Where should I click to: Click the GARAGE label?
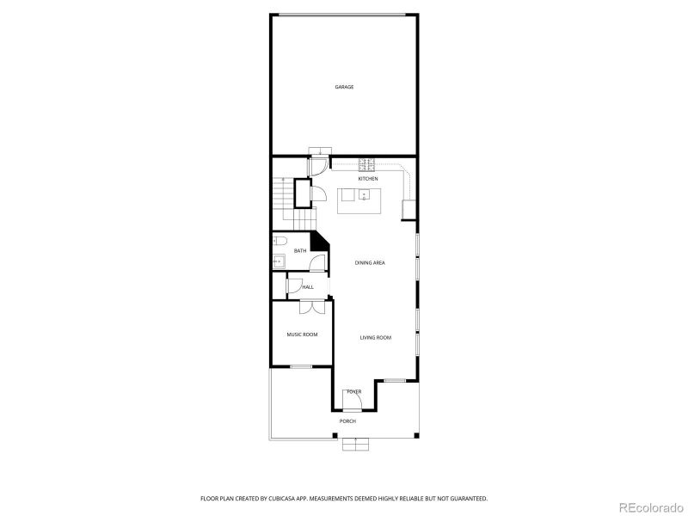click(344, 87)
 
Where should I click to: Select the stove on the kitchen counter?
click(365, 163)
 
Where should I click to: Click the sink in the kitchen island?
click(363, 195)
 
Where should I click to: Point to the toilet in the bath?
click(280, 242)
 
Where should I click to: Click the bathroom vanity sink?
click(279, 258)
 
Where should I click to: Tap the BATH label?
click(300, 250)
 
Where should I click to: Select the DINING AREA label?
click(370, 262)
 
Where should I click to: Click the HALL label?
click(308, 286)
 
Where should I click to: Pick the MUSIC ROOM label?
click(302, 334)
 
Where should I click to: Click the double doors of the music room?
click(312, 305)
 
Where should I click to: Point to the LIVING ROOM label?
click(375, 337)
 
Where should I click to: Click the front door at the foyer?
click(353, 396)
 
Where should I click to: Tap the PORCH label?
click(347, 421)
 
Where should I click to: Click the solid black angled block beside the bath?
click(319, 243)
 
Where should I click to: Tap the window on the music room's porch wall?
click(301, 367)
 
